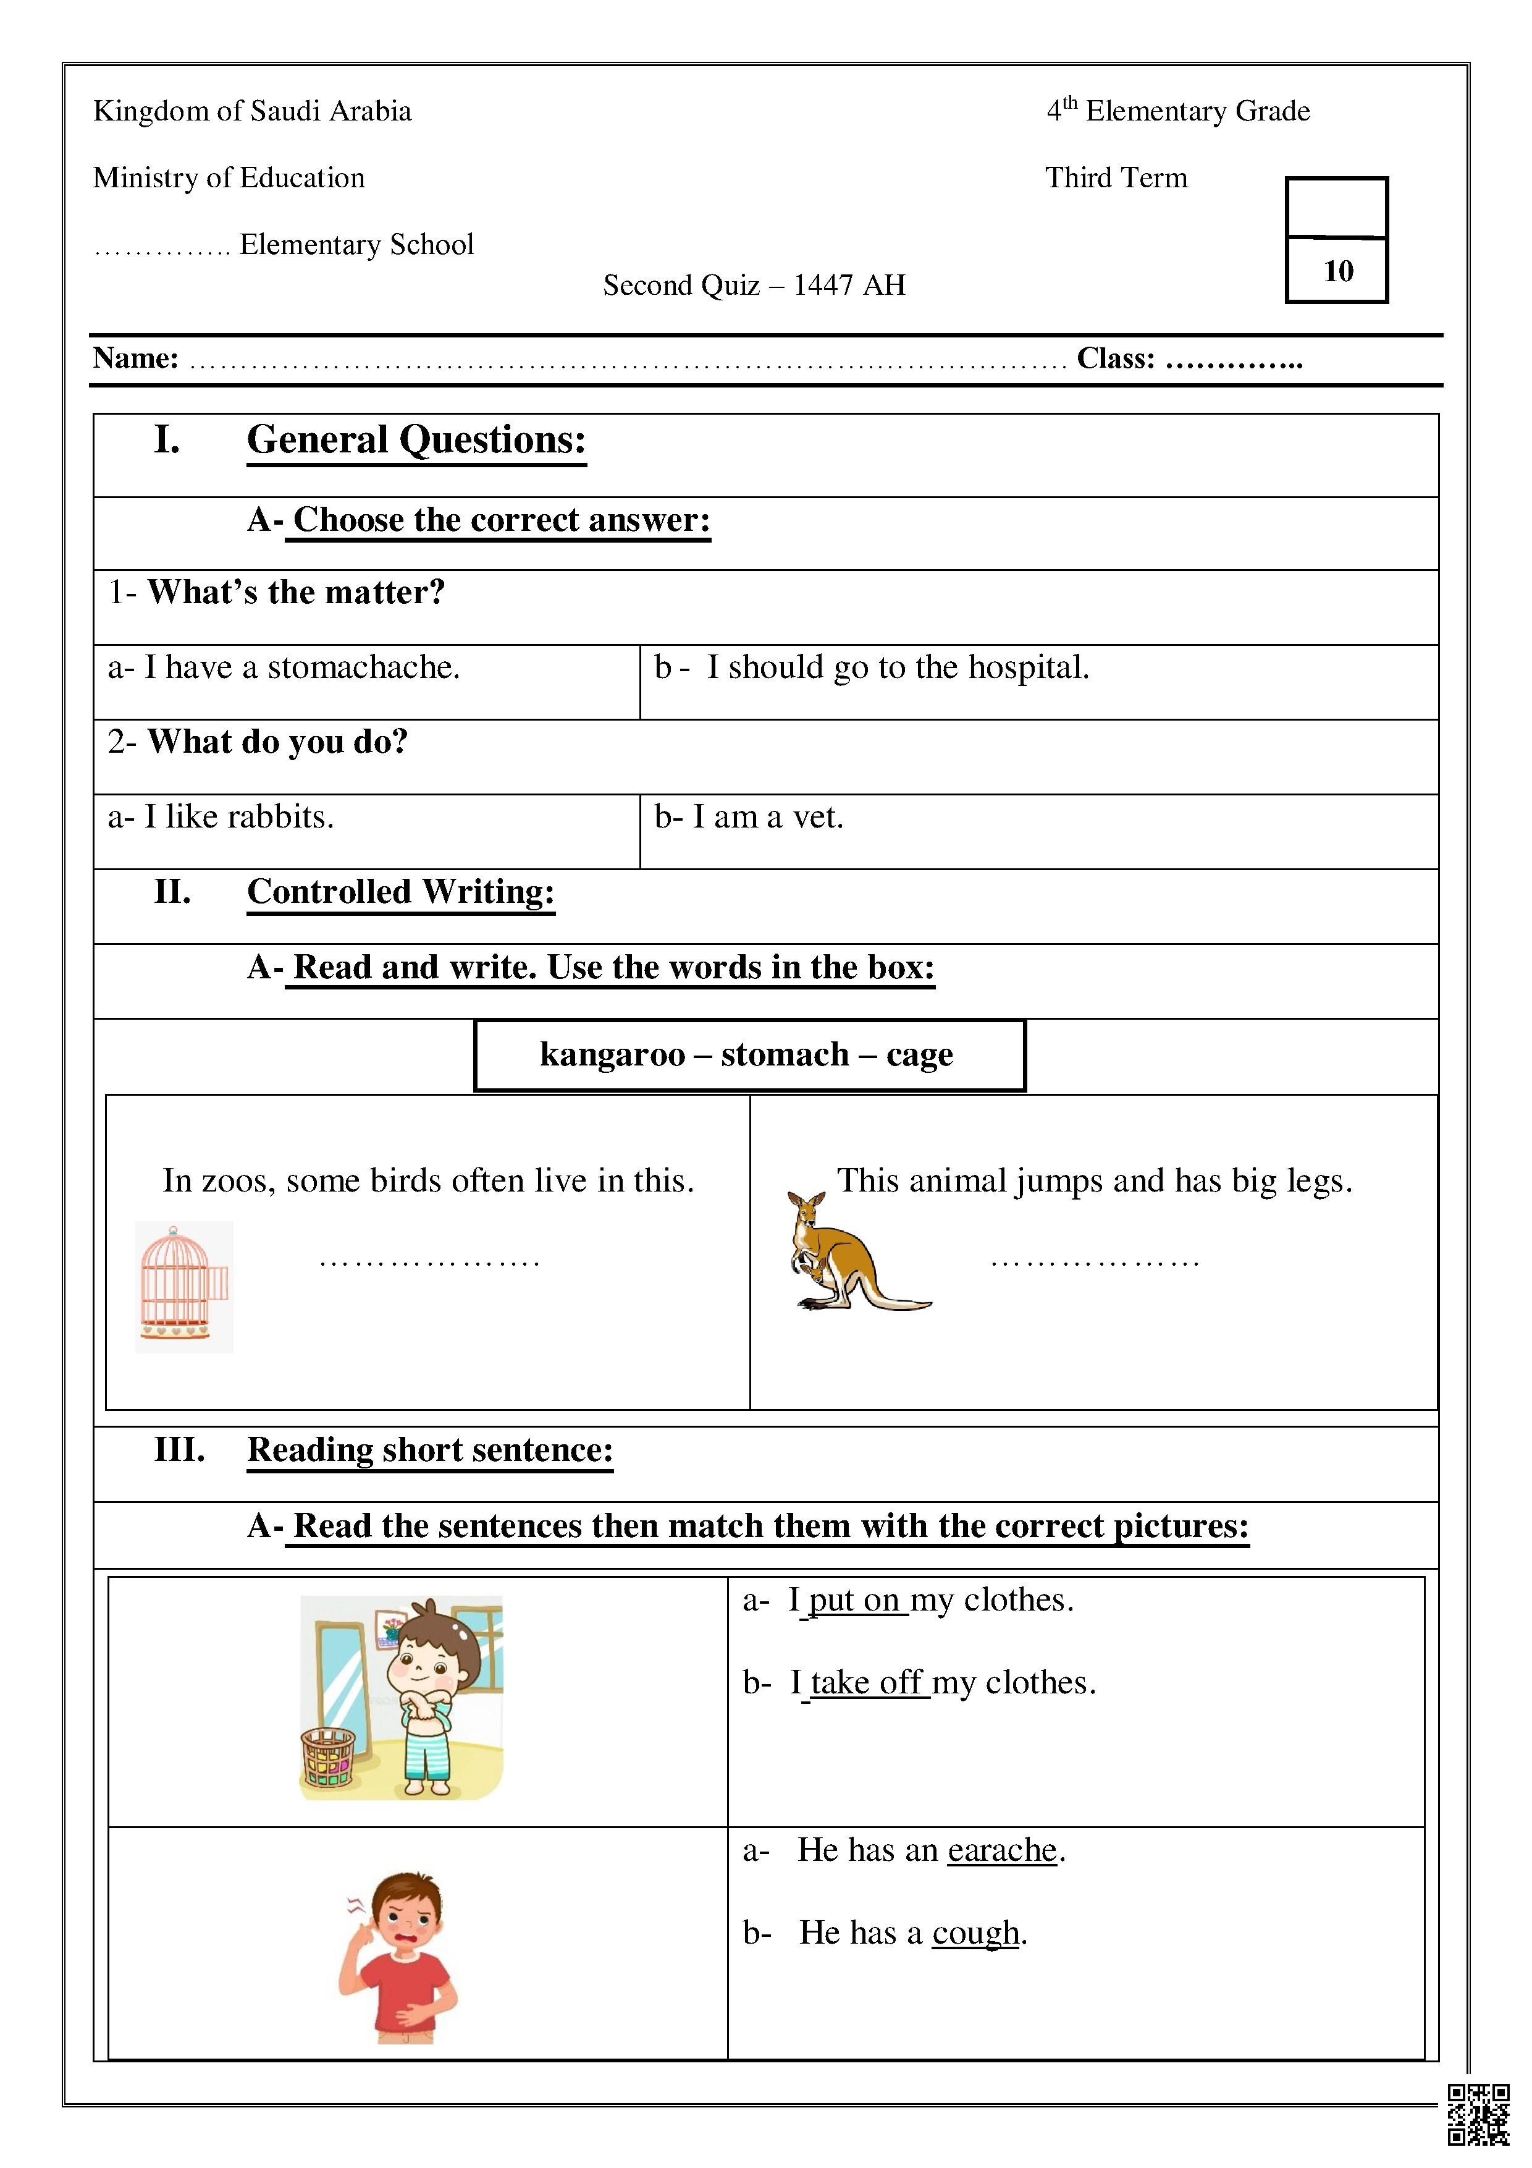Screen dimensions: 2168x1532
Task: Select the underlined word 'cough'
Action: [975, 1933]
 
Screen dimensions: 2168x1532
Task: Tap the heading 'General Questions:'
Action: [416, 441]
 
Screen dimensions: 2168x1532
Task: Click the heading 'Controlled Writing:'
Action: [400, 892]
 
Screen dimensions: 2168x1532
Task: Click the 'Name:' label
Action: [136, 359]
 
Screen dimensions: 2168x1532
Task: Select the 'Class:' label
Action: [1116, 359]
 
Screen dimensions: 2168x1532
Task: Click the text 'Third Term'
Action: [1116, 179]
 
